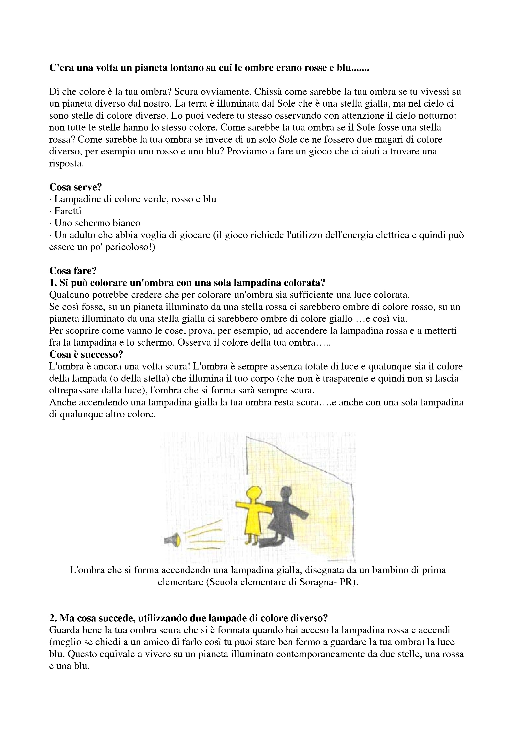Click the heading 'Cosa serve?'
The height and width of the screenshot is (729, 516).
75,187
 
